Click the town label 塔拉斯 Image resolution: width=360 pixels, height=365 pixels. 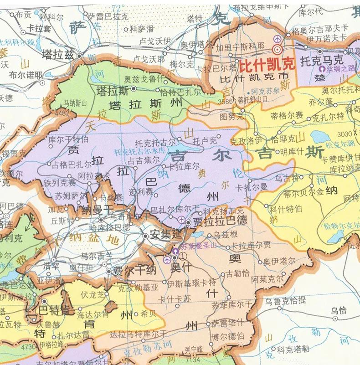pos(113,90)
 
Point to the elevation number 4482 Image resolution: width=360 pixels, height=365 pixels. pos(62,112)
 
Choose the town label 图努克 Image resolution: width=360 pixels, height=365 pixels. pos(231,116)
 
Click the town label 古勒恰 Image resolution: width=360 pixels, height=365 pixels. pos(238,274)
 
